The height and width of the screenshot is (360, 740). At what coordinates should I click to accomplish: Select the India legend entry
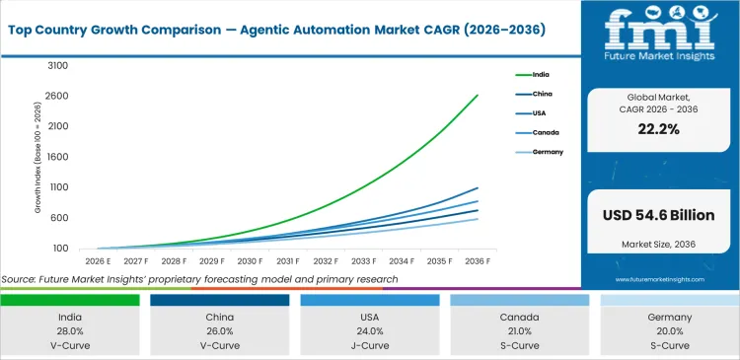tap(542, 74)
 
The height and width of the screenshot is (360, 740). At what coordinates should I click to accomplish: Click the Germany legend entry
tap(548, 152)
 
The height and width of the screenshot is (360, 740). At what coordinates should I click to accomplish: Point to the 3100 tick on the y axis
tap(57, 66)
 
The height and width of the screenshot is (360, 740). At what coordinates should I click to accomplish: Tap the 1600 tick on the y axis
tap(57, 157)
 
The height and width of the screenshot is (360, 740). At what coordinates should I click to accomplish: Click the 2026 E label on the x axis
tap(98, 261)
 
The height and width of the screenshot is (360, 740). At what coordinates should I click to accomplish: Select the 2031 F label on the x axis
tap(288, 261)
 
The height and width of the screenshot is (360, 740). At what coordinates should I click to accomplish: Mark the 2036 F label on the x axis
tap(478, 261)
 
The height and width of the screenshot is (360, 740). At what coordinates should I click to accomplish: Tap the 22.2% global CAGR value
tap(659, 129)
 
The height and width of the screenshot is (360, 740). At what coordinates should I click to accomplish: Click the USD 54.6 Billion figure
tap(659, 215)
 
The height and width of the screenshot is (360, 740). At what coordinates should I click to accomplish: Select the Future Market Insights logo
tap(659, 38)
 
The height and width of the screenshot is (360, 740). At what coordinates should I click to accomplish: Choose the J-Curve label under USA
tap(371, 347)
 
